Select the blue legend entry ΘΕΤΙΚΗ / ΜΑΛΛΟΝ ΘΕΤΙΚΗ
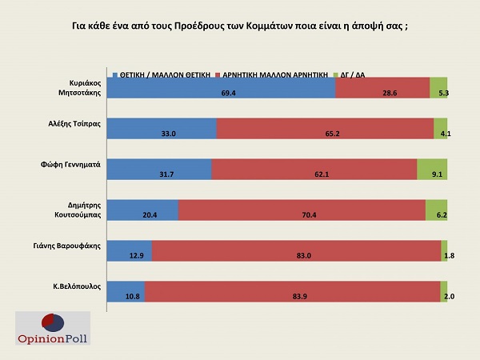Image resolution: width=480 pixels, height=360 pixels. (164, 74)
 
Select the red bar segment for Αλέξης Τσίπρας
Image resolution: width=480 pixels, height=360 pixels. (325, 128)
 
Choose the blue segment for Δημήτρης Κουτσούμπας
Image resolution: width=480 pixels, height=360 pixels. (142, 210)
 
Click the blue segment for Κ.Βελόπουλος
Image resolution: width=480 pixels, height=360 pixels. (126, 291)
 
